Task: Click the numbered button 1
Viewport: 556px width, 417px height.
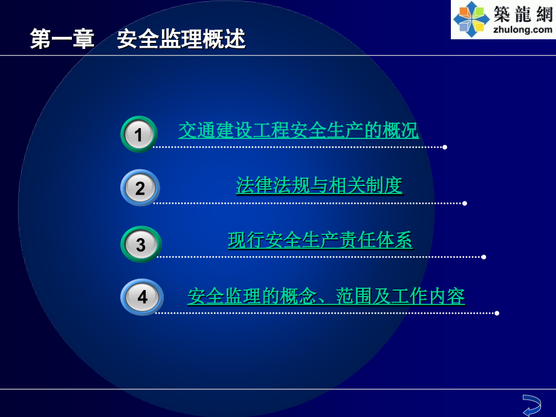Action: [139, 134]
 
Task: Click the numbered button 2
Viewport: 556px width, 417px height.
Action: [140, 188]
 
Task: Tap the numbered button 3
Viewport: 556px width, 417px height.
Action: [141, 244]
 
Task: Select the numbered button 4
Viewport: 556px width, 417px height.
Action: [142, 297]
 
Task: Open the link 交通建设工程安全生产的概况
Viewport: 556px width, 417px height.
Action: [299, 130]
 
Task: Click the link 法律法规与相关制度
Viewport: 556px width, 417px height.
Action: [319, 186]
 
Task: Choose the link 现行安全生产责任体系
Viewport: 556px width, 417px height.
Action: [320, 241]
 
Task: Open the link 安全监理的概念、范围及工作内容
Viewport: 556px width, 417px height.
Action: [326, 296]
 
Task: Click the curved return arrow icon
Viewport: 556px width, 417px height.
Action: [531, 404]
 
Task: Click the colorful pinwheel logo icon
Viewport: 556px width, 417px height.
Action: [471, 19]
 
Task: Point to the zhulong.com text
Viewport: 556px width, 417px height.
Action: [523, 29]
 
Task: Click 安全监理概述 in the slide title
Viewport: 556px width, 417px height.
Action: [181, 39]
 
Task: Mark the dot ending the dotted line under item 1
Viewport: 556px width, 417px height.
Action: [445, 147]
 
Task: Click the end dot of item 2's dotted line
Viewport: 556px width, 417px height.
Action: [464, 203]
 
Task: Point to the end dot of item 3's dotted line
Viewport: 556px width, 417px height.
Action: [483, 257]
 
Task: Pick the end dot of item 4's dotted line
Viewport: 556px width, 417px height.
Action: [497, 313]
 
